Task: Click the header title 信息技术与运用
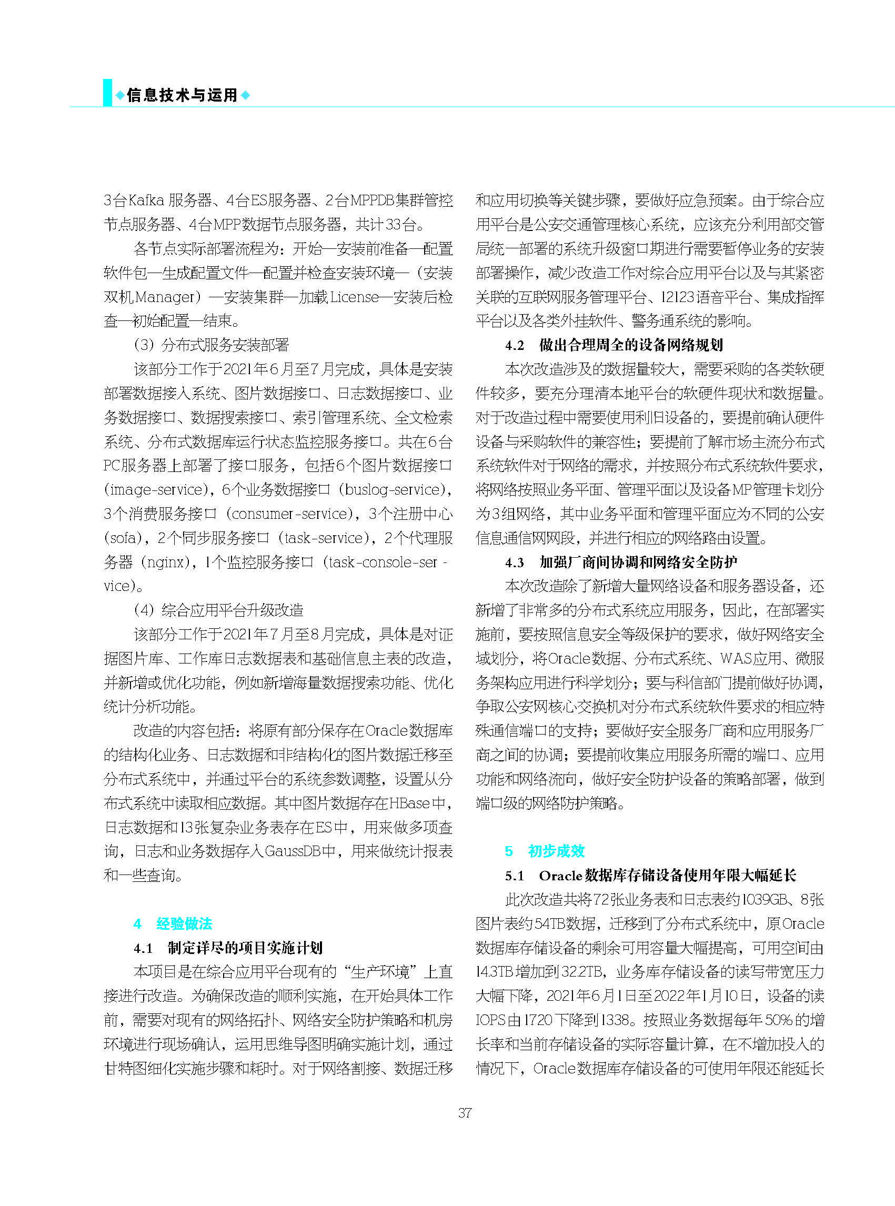[182, 95]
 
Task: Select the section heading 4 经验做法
[173, 923]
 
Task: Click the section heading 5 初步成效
[545, 851]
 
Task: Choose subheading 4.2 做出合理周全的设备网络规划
[614, 345]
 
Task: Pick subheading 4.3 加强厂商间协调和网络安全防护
[621, 562]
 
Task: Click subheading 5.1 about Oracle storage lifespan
[651, 875]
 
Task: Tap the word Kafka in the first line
[146, 201]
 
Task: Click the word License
[354, 297]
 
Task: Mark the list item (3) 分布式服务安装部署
[212, 345]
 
